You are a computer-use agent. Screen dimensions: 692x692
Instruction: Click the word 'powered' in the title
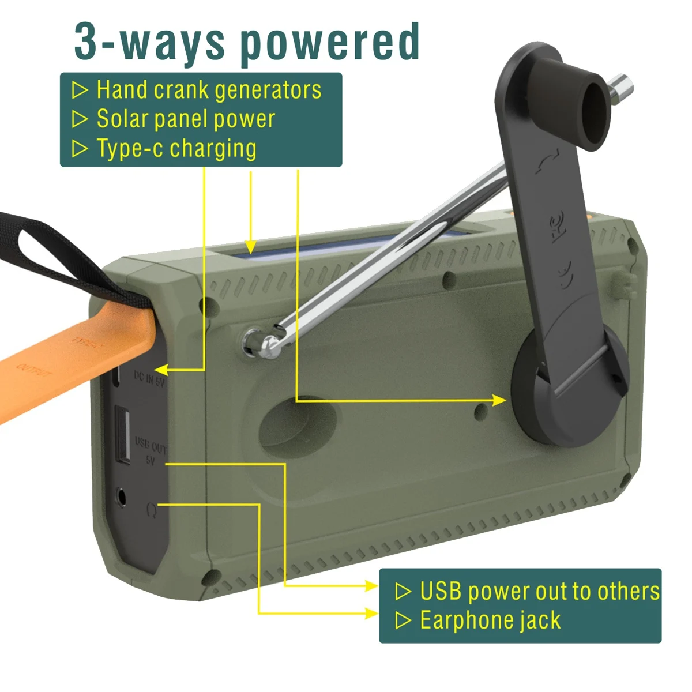coord(330,42)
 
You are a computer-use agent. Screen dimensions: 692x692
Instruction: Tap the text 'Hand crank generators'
coord(209,90)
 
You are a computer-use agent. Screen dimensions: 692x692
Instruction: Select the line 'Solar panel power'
coord(186,119)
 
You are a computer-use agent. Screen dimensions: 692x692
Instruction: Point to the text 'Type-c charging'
coord(176,148)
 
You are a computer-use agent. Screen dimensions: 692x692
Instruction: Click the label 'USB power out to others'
coord(540,591)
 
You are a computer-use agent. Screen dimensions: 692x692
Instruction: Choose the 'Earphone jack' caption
coord(490,620)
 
